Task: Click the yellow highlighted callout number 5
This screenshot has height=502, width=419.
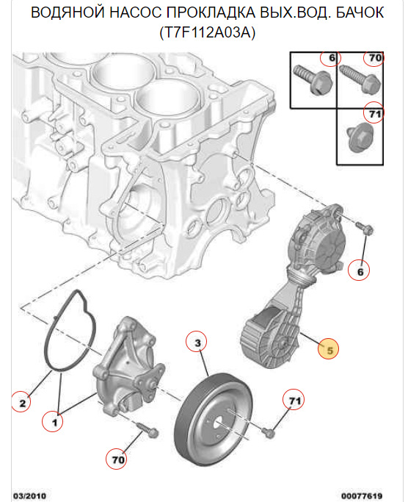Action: (329, 350)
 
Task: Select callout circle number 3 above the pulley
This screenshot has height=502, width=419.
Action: (197, 342)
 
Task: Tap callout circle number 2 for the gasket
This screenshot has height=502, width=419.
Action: (23, 402)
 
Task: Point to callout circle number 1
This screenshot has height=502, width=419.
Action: (52, 422)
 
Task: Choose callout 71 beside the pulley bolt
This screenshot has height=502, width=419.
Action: (294, 401)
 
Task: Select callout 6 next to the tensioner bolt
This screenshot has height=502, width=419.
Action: (360, 271)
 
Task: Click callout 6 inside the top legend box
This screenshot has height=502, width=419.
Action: (331, 59)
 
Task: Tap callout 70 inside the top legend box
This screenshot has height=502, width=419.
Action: (374, 59)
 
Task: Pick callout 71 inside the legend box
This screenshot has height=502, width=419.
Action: (374, 114)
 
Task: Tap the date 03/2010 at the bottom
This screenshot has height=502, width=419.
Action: (29, 495)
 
